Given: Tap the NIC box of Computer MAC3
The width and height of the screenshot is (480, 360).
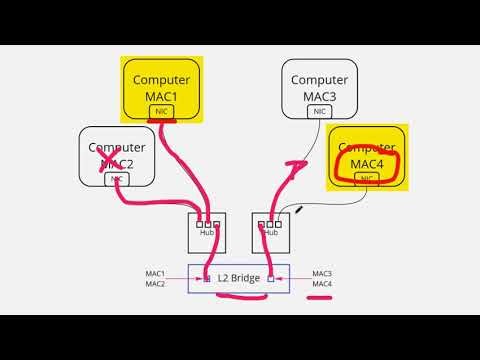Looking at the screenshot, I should pos(319,112).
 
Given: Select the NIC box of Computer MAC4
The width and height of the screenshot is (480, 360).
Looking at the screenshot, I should pos(367,180).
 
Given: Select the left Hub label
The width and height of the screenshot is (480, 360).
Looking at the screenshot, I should pos(207,232).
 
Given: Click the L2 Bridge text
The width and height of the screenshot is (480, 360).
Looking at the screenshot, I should pos(238,278).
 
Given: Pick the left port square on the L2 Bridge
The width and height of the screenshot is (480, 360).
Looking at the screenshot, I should pos(207,279).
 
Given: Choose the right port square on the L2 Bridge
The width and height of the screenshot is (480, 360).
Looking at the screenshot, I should pos(270,279).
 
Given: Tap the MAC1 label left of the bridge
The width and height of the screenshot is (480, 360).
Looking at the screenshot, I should pos(154,273).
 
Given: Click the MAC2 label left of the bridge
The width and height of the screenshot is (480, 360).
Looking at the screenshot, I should pos(154,284).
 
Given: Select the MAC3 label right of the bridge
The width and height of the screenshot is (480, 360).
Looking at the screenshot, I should pos(322,273).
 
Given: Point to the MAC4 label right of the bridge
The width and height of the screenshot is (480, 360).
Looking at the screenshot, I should pos(322,284).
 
